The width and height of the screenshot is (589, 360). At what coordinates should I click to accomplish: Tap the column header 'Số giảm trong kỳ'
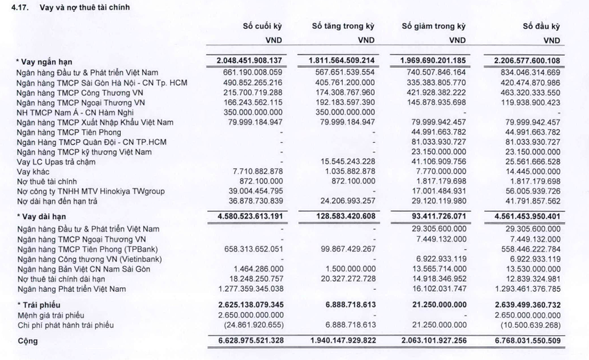(433, 27)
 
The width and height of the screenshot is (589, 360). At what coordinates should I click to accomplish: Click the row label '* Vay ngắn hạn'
(44, 62)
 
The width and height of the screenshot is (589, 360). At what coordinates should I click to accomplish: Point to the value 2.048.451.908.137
(251, 61)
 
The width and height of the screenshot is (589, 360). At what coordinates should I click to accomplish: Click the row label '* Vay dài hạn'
(41, 217)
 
